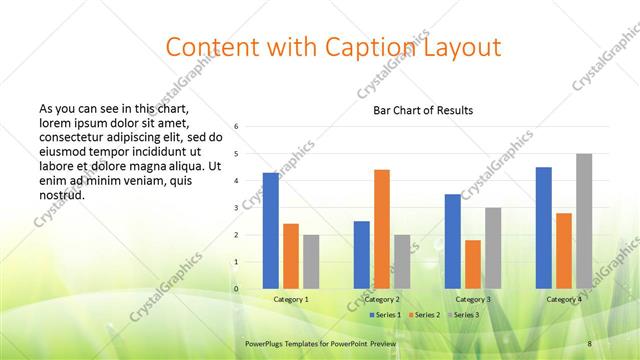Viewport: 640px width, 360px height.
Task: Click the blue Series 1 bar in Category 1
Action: pos(271,231)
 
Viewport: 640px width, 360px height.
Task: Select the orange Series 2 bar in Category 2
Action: pos(382,229)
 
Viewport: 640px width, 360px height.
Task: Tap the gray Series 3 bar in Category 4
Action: pos(584,221)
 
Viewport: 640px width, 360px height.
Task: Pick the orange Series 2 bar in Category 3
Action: pos(473,264)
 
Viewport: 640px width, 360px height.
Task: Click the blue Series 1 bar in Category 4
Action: pos(544,228)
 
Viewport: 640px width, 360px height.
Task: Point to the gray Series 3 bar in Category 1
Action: pos(311,262)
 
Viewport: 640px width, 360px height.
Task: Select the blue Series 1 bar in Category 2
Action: pos(362,255)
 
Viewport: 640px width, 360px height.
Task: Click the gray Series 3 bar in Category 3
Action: pos(493,248)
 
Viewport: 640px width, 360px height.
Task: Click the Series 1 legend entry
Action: pos(386,314)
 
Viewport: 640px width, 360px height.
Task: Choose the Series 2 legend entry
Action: pos(425,314)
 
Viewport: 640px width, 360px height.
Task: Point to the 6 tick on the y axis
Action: pos(236,127)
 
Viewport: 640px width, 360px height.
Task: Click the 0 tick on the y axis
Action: pos(236,289)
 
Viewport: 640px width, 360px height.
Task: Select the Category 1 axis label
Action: pos(291,299)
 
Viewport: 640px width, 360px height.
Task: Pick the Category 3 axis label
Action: pos(473,299)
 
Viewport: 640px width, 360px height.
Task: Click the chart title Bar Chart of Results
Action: pos(423,110)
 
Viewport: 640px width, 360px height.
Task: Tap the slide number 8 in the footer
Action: pos(589,343)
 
